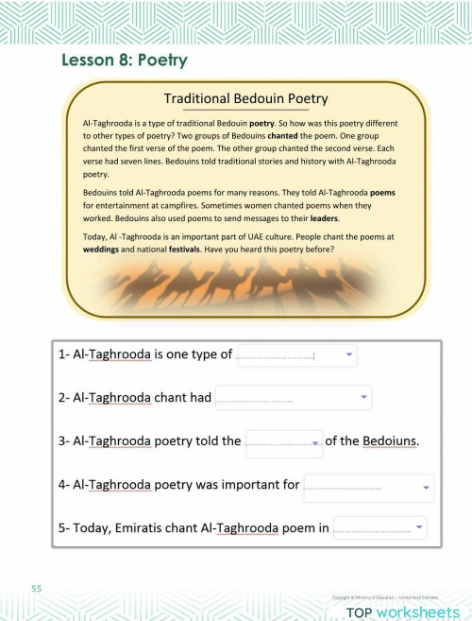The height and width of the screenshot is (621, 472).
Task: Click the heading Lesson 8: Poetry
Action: click(x=125, y=60)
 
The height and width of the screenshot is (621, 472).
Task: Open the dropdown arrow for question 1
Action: click(x=349, y=354)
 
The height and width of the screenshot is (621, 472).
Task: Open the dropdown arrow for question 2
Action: click(x=363, y=397)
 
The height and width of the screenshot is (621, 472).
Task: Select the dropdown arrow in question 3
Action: click(x=315, y=441)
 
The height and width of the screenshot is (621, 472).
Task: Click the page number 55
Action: click(x=36, y=589)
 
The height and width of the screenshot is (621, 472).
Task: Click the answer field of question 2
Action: click(x=283, y=398)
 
